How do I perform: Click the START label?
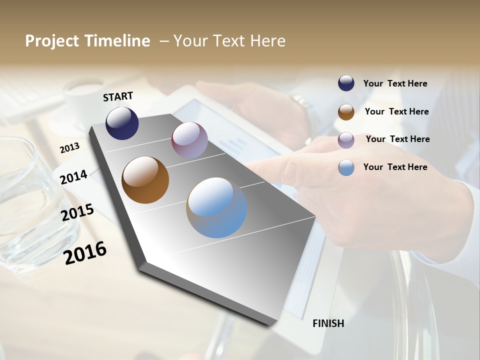click(118, 96)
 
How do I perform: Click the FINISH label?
click(328, 323)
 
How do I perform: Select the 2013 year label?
click(69, 147)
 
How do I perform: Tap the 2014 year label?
click(73, 177)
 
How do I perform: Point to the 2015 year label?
click(77, 212)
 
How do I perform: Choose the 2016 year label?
click(85, 253)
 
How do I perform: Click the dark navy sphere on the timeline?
click(122, 123)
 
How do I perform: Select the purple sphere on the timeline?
click(189, 140)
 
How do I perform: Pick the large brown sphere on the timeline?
click(145, 180)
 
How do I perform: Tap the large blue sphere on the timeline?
click(216, 207)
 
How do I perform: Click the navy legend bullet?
click(346, 83)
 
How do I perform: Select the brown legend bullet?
click(346, 112)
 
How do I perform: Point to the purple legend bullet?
click(346, 140)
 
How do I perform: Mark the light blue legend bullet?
click(346, 167)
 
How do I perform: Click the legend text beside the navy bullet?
click(395, 83)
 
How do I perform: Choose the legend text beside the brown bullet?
click(396, 111)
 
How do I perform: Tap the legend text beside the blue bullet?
click(395, 167)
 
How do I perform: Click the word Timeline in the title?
click(117, 41)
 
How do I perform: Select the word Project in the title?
click(52, 41)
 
